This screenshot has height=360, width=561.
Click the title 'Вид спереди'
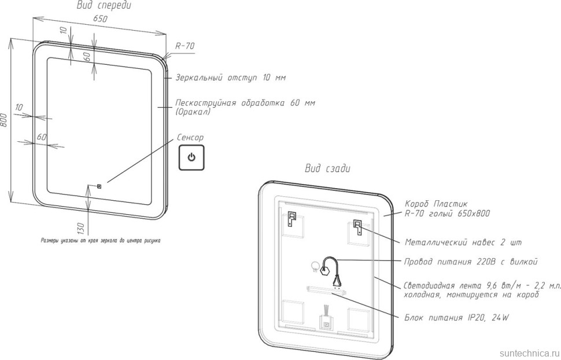104,6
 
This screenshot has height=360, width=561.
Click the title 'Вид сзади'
327,168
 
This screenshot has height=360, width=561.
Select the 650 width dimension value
101,19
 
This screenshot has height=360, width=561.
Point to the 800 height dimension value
5,120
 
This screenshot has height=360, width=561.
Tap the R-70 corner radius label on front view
185,46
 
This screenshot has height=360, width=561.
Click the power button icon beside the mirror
191,157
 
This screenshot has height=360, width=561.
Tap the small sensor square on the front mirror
99,186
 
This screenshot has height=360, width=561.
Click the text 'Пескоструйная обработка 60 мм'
245,103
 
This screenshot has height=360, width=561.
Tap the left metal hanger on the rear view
291,219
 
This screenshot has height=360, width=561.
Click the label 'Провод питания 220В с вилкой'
471,262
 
